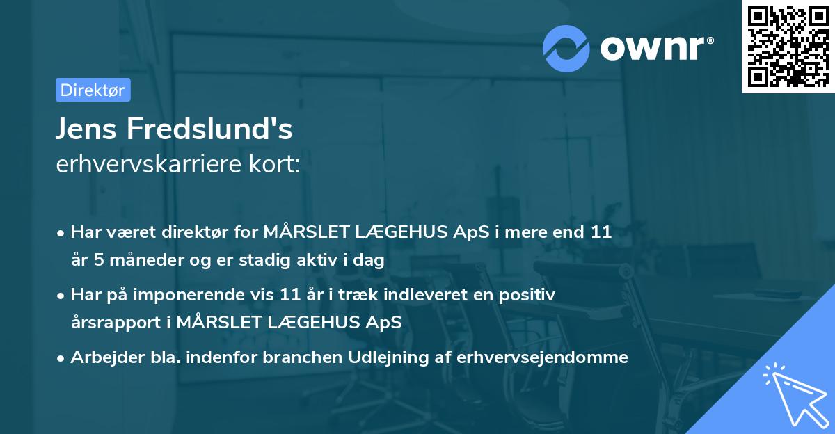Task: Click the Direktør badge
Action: pos(93,90)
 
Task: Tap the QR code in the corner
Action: pos(786,46)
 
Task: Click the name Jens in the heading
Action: pos(88,130)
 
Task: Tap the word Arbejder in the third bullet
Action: pos(103,357)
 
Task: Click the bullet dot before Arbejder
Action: pos(62,358)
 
